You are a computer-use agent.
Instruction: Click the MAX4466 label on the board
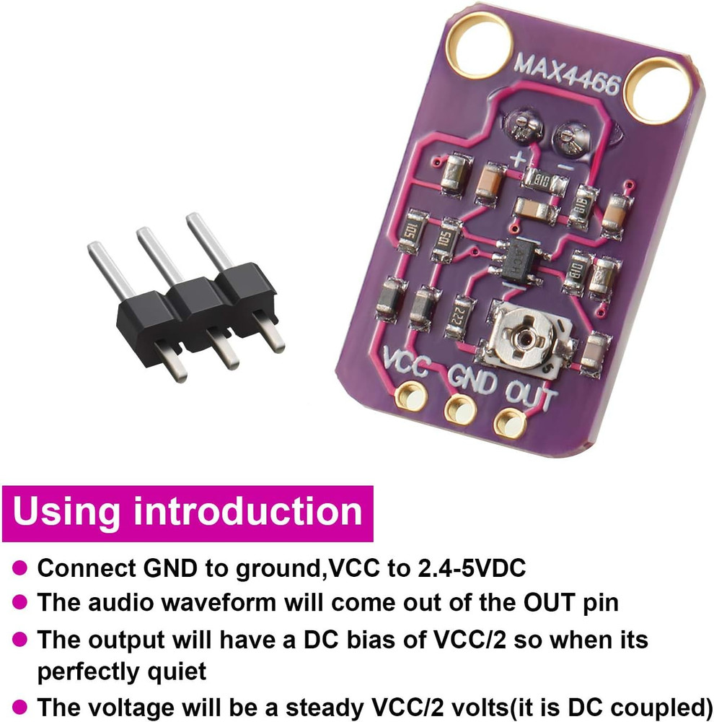pyautogui.click(x=567, y=74)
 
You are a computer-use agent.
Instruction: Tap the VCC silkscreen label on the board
pyautogui.click(x=408, y=361)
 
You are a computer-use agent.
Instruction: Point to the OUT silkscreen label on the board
pyautogui.click(x=531, y=395)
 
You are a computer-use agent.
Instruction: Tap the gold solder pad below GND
pyautogui.click(x=459, y=409)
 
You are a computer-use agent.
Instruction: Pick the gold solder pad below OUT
pyautogui.click(x=510, y=420)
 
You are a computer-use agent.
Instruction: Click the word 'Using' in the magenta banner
pyautogui.click(x=67, y=512)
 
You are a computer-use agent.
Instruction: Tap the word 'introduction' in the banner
pyautogui.click(x=247, y=512)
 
